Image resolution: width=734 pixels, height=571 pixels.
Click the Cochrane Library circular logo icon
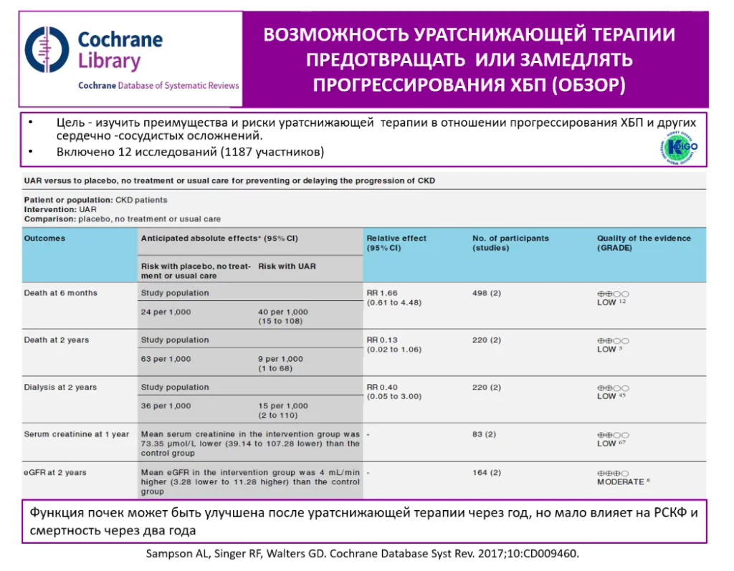[x=47, y=49]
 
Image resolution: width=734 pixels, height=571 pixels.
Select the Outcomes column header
[x=44, y=238]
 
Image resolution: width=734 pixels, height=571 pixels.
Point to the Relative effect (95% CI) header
[x=396, y=243]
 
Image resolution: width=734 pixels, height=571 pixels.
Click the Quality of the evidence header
[x=644, y=243]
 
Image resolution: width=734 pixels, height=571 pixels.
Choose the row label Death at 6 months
[x=60, y=292]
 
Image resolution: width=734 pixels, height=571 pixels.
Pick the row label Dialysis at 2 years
[x=60, y=387]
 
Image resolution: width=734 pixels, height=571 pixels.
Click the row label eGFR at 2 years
[x=55, y=472]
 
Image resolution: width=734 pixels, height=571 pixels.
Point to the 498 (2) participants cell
[x=487, y=292]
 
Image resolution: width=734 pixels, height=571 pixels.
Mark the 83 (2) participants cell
[x=484, y=434]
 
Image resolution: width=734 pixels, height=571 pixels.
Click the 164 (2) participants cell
[x=487, y=472]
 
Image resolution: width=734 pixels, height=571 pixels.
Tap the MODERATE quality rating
[x=621, y=482]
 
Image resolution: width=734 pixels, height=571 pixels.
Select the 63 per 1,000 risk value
[x=166, y=359]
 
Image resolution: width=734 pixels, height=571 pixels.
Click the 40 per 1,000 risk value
[x=283, y=312]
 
